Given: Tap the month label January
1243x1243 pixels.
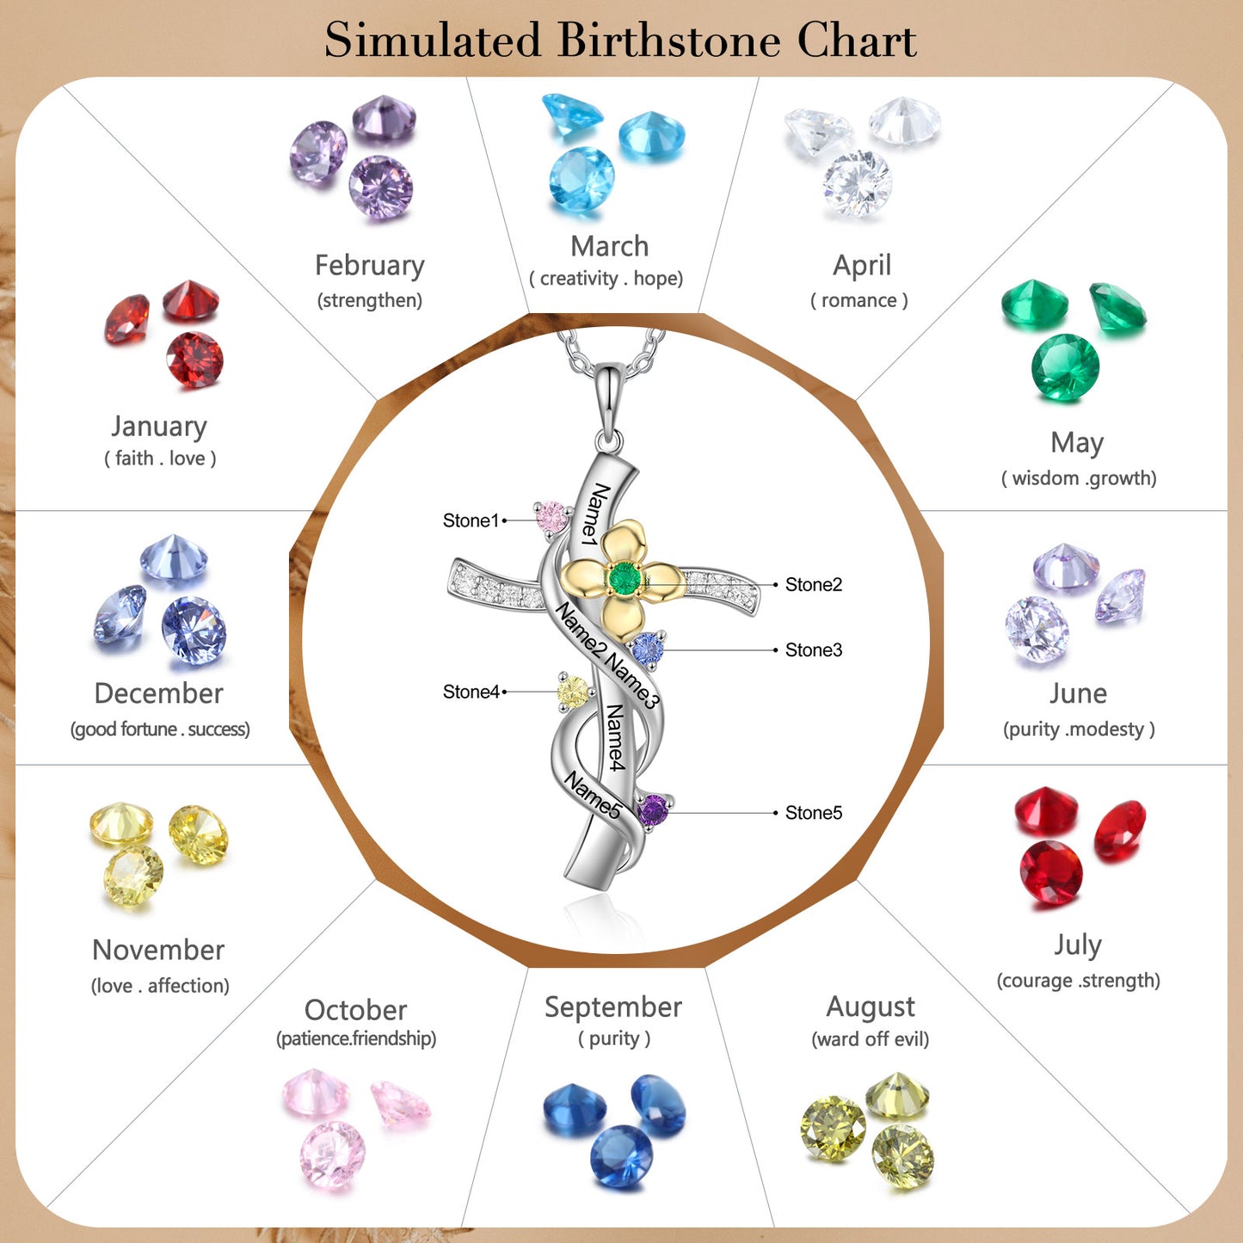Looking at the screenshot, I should (x=159, y=426).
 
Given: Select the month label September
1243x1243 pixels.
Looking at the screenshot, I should (x=612, y=1006).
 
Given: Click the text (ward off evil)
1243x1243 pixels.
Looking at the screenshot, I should (x=870, y=1039).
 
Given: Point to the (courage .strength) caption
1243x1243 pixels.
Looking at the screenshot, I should (x=1078, y=981).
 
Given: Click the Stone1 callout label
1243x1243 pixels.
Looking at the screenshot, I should (x=470, y=520).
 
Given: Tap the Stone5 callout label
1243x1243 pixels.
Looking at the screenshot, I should (x=813, y=813).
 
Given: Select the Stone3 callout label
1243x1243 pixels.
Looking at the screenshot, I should (x=813, y=650).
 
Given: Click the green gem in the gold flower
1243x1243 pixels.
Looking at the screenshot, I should (x=625, y=579).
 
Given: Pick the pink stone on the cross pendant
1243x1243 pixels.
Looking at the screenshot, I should (x=551, y=517).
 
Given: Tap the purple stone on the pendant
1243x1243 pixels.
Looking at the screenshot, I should (x=653, y=809).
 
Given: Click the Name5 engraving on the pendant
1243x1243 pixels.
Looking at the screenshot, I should (x=592, y=795).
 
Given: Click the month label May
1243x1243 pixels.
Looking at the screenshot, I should (x=1077, y=442).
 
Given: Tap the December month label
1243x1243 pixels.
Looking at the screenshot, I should (x=159, y=693).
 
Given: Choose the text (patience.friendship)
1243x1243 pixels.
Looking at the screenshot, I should (x=356, y=1038).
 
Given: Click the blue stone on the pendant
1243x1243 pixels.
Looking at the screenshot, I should (x=648, y=649).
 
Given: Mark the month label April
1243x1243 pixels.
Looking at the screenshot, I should (x=861, y=265).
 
